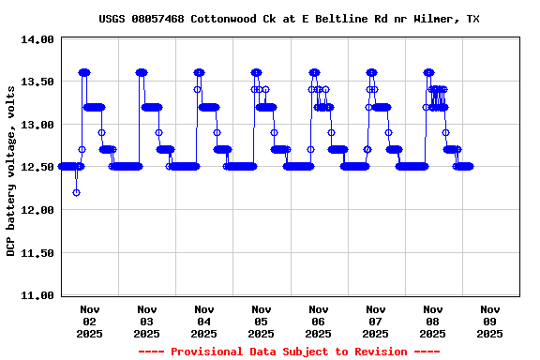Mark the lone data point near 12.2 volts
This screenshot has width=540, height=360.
pos(76,192)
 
